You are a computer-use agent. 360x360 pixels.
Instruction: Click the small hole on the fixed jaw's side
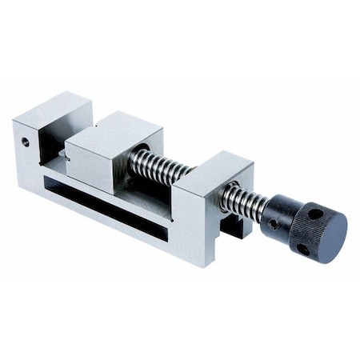click(26, 142)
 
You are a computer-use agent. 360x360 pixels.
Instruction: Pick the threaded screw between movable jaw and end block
click(160, 166)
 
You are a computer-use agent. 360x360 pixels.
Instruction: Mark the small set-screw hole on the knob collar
click(273, 225)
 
